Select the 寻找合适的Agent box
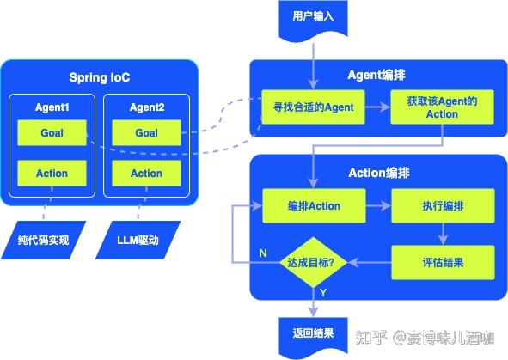click(313, 107)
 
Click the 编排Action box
click(313, 206)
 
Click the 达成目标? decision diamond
click(313, 262)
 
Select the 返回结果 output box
click(313, 331)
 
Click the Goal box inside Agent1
click(52, 133)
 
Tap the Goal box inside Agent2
click(146, 133)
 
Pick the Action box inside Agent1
click(52, 174)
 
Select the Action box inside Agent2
click(146, 174)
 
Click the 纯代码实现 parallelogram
click(52, 240)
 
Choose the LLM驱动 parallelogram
click(138, 240)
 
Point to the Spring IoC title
click(100, 78)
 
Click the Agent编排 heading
click(379, 74)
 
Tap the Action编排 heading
click(379, 173)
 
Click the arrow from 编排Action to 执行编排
click(377, 206)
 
